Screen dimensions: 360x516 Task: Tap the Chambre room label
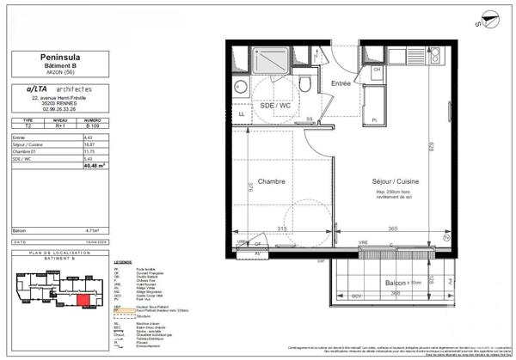[271, 181]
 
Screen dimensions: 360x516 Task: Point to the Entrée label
[342, 82]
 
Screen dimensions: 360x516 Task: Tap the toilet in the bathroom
[305, 82]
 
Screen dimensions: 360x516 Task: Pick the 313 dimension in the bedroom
[281, 228]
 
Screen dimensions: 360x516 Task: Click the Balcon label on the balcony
[395, 281]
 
